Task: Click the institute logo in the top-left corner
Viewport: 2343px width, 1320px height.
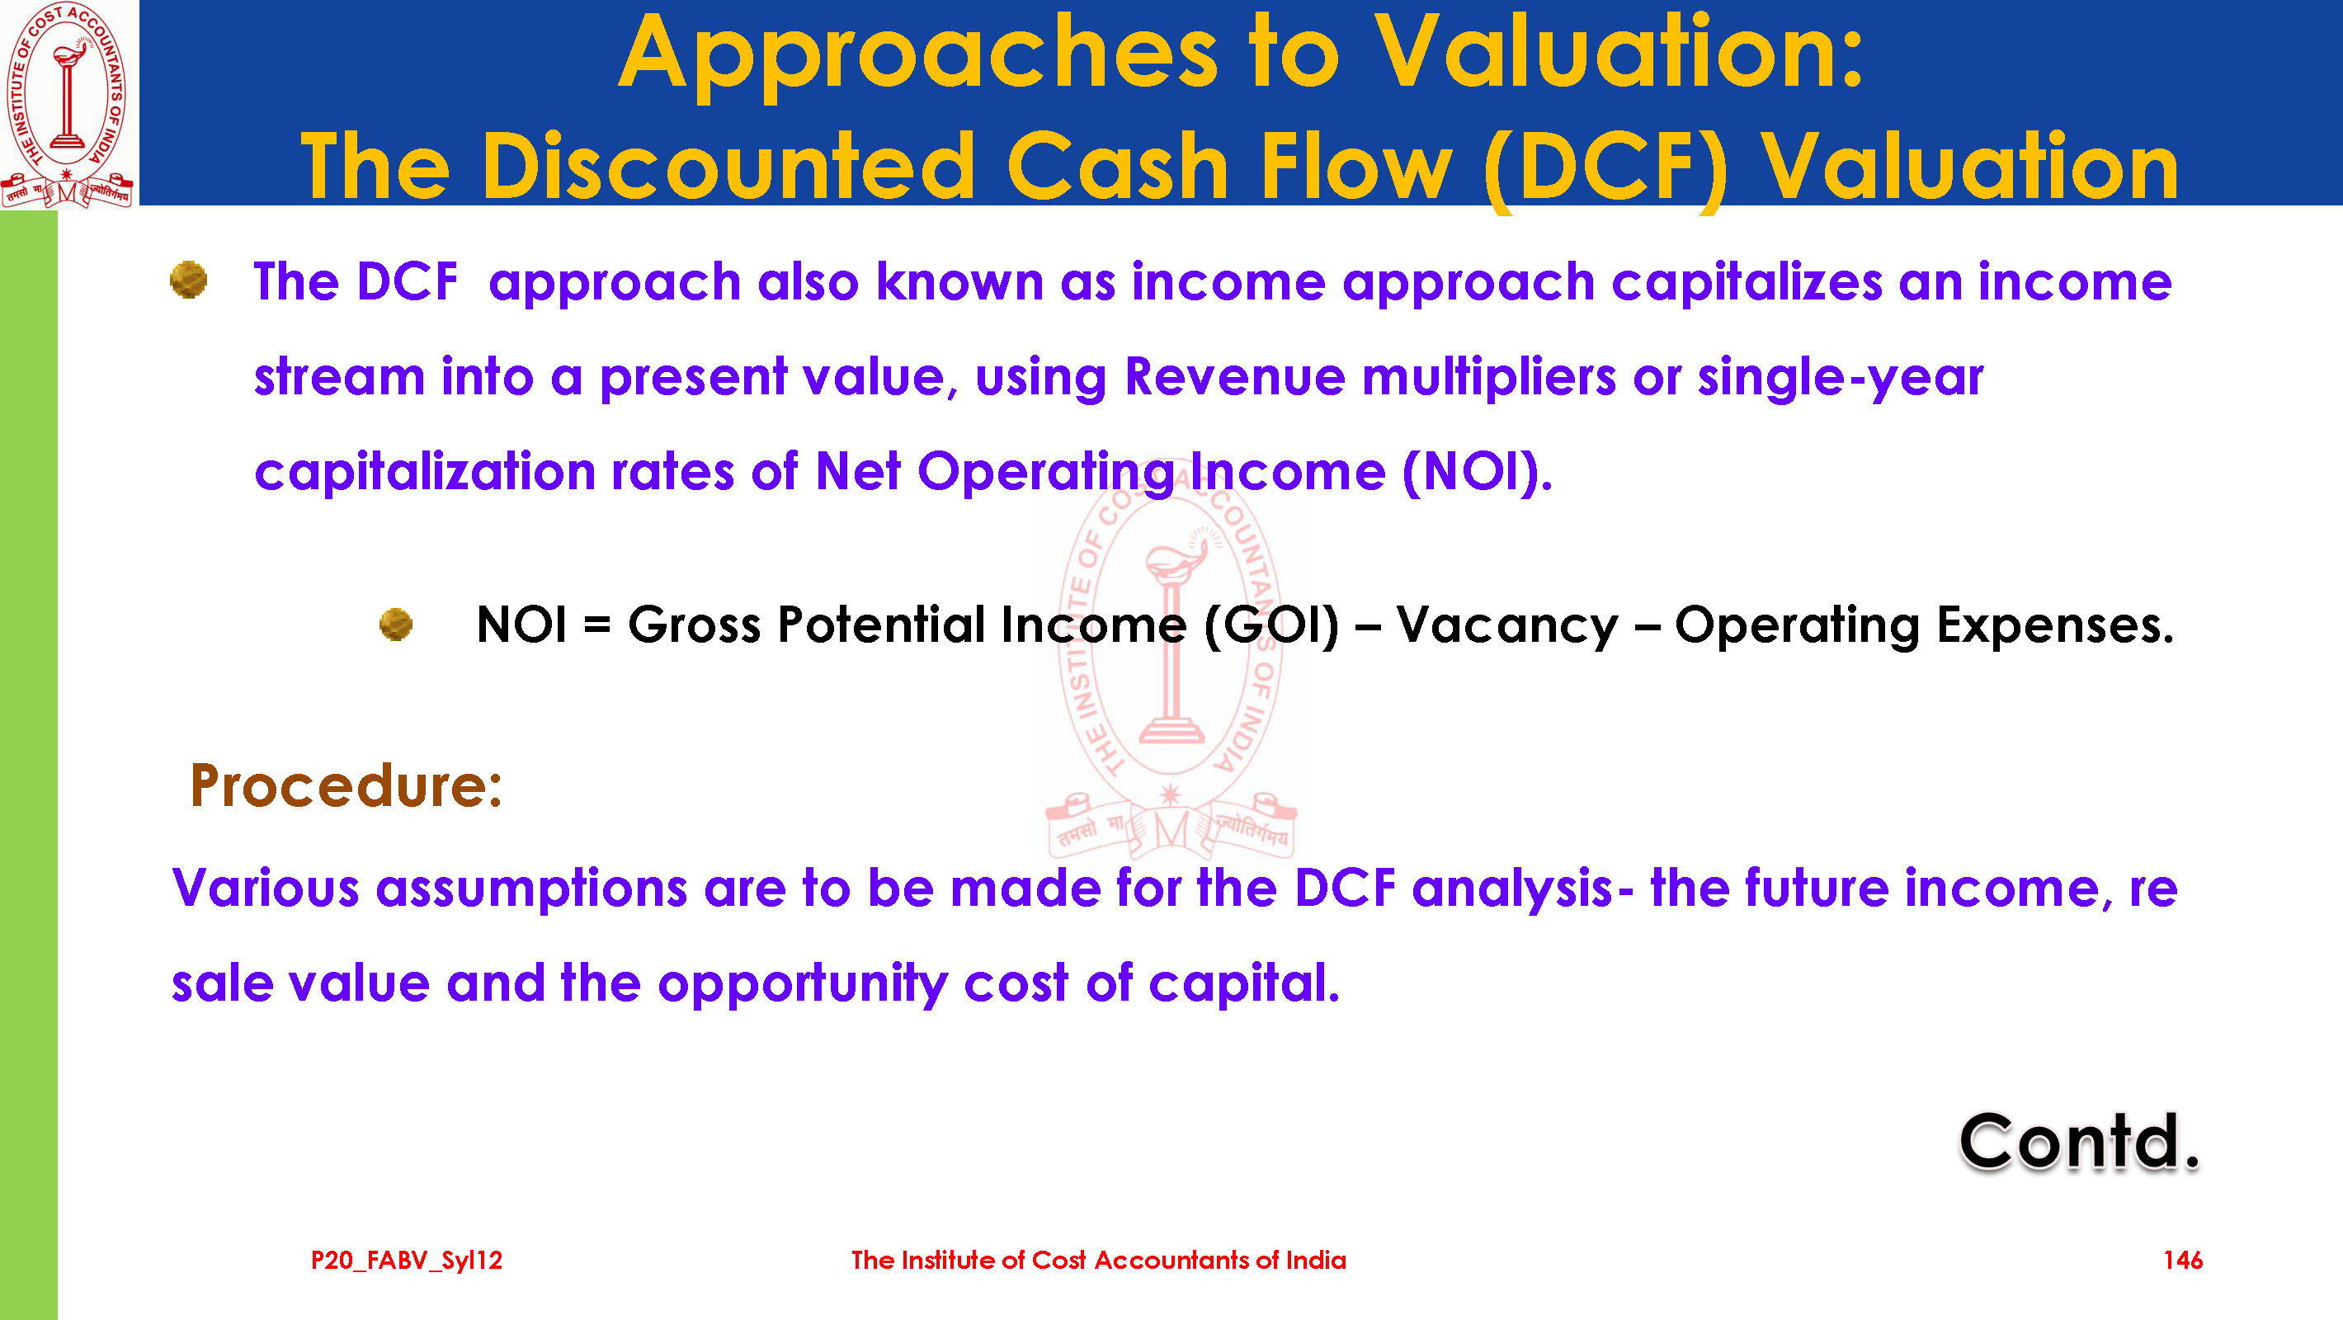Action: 68,104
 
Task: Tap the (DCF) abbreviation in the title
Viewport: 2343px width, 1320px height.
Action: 1606,168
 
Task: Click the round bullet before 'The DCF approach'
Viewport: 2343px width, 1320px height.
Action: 188,280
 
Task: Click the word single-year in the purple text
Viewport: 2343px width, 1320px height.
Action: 1839,378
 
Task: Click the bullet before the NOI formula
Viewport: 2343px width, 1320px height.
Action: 396,624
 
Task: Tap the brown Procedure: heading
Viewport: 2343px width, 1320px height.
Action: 346,785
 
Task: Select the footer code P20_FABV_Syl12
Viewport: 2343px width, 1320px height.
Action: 407,1261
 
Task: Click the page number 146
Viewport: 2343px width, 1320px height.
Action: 2183,1260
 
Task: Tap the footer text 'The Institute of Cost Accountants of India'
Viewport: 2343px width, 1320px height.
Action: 1099,1260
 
